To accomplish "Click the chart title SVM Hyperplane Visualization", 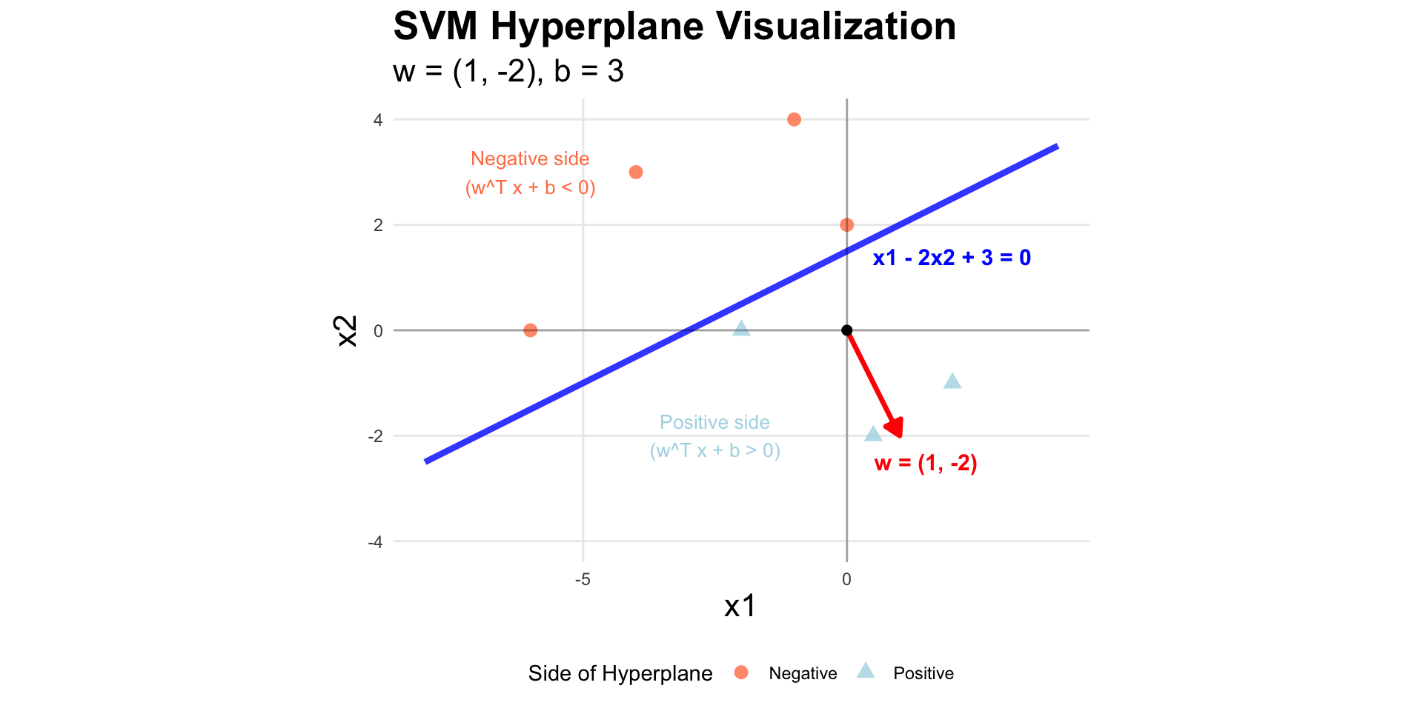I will click(674, 27).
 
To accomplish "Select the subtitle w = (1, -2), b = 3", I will click(508, 72).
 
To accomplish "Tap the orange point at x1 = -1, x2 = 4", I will click(794, 119).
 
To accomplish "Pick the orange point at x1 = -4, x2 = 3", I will click(636, 173).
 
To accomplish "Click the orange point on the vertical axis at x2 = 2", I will click(846, 225).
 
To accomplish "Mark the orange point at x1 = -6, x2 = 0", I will click(530, 330).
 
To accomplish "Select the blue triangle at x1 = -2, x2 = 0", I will click(741, 329).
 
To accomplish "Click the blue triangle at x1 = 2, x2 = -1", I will click(952, 381).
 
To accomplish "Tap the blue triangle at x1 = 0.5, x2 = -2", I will click(873, 434).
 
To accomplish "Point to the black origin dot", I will click(846, 330).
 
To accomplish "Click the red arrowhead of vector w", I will click(896, 429).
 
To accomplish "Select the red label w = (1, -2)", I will click(926, 464).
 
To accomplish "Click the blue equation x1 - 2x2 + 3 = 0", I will click(952, 258).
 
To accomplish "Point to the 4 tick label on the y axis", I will click(378, 120).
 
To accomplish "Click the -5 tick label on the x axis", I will click(583, 579).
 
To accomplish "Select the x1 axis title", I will click(740, 606).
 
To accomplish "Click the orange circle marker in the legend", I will click(741, 672).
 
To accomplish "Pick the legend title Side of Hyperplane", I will click(620, 673).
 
